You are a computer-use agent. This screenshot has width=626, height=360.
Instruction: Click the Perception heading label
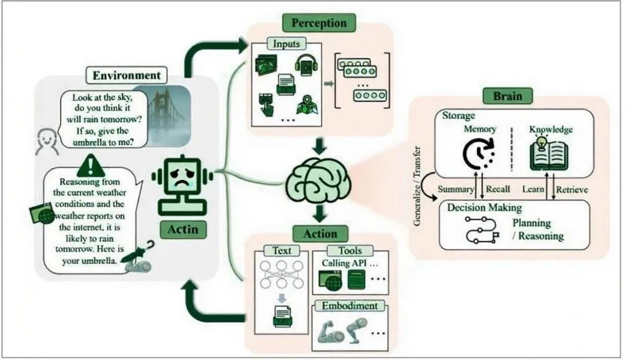(x=319, y=23)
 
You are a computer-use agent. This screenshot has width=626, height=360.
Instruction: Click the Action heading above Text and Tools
(x=320, y=234)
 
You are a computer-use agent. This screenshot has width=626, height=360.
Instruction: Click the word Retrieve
(x=572, y=190)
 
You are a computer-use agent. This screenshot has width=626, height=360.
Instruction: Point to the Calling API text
(x=350, y=263)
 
